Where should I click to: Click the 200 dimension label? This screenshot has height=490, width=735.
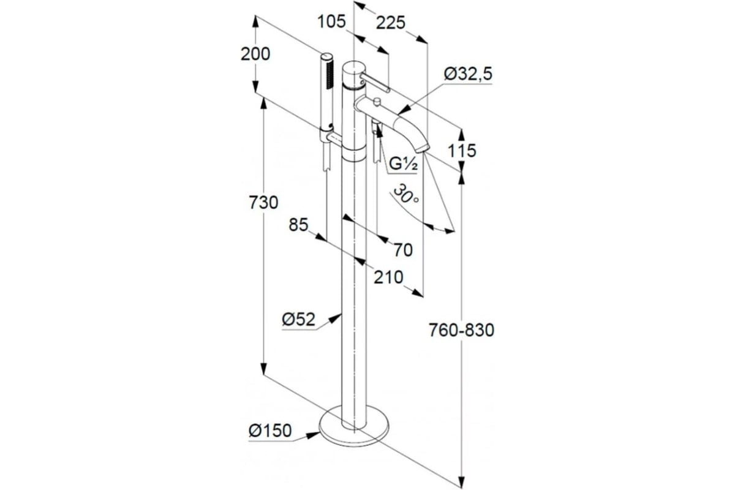tap(255, 54)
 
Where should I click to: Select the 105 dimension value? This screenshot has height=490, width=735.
tap(332, 22)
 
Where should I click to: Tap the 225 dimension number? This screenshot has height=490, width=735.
tap(391, 23)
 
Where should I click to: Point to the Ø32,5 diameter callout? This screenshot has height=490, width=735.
tap(468, 74)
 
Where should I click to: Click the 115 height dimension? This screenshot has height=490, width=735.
tap(462, 151)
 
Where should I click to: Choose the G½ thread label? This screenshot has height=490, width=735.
tap(403, 164)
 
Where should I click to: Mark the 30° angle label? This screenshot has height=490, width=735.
tap(405, 194)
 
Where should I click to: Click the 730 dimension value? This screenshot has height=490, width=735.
tap(263, 202)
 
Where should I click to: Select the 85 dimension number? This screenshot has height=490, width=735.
tap(299, 225)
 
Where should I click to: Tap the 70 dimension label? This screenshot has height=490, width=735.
tap(403, 250)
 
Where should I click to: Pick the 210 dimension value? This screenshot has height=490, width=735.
tap(388, 277)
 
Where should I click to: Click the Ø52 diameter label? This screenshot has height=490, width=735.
tap(299, 319)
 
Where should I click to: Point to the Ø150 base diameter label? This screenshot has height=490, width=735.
tap(270, 431)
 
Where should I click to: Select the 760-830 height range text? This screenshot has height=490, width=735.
tap(462, 330)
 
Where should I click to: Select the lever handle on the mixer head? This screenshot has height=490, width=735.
tap(375, 83)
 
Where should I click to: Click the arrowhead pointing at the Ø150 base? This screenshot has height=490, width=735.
tap(314, 435)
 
